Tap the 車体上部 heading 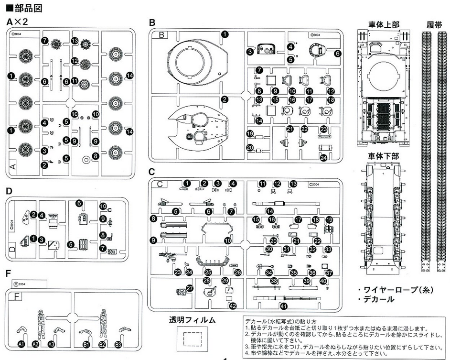[x=384, y=24]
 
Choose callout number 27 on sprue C [x=190, y=288]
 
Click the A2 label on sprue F [x=35, y=344]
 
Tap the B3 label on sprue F [x=118, y=344]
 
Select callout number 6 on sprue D [x=79, y=203]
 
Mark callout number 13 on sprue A [x=75, y=41]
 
